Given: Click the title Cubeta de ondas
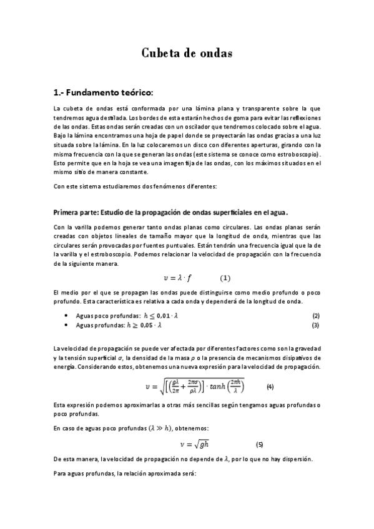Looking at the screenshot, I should [187, 53].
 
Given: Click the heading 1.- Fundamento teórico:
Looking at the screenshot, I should [104, 92].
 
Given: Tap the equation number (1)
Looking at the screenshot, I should [225, 277].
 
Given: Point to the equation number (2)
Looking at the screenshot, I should [316, 316].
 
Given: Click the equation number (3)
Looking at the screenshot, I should [316, 325].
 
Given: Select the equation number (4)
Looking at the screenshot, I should [270, 386].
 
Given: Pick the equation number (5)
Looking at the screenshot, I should [260, 444].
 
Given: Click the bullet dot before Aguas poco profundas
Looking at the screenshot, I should [67, 316].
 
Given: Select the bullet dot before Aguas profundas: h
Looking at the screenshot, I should [67, 326].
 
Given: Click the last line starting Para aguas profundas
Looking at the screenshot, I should [125, 474].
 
